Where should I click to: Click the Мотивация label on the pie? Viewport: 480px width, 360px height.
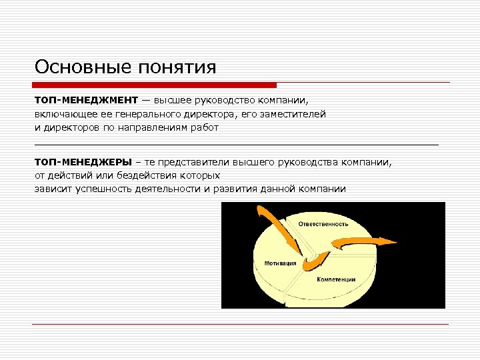pos(280,263)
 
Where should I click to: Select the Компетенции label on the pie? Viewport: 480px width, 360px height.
pos(336,279)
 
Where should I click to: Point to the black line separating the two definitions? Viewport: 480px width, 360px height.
pos(237,144)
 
